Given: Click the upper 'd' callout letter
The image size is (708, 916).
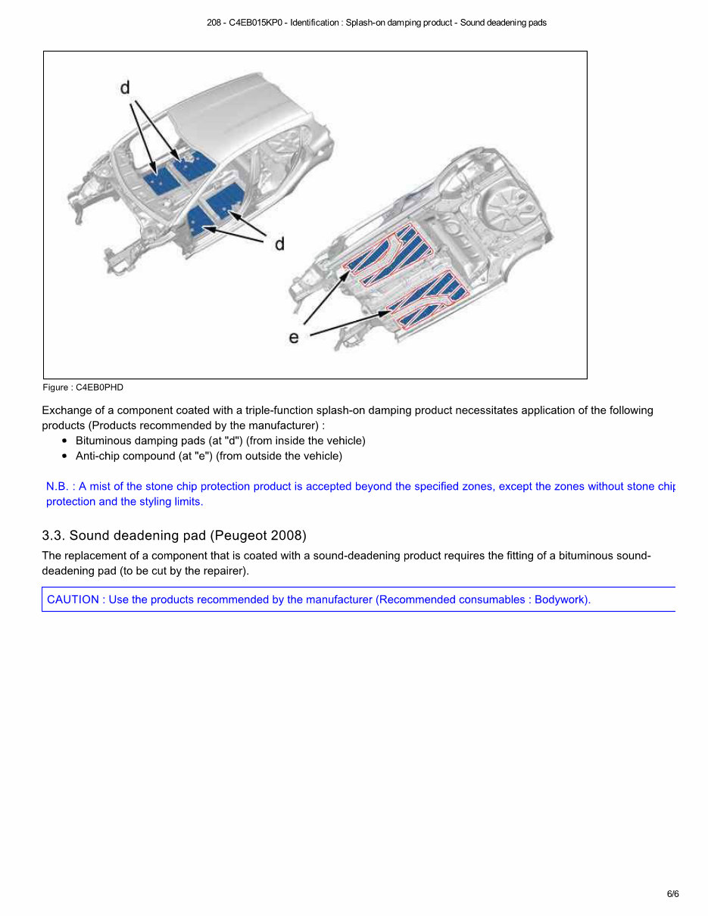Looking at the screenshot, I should pyautogui.click(x=125, y=89).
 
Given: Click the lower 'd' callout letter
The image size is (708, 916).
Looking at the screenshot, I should pyautogui.click(x=279, y=244).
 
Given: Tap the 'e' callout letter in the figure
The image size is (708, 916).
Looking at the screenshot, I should pyautogui.click(x=294, y=337).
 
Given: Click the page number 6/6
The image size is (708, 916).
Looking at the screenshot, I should pyautogui.click(x=672, y=894).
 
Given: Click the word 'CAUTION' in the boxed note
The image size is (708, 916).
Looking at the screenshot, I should pyautogui.click(x=73, y=600).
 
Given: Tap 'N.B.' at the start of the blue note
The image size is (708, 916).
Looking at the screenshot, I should pyautogui.click(x=57, y=487).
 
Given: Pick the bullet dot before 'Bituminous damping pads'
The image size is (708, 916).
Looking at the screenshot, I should pyautogui.click(x=65, y=441).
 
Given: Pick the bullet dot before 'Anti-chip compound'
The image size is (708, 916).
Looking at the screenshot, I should pyautogui.click(x=65, y=456).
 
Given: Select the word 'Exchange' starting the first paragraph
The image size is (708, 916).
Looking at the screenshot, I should pyautogui.click(x=66, y=410).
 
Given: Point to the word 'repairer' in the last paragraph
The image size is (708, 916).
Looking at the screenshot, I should pyautogui.click(x=222, y=571).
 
